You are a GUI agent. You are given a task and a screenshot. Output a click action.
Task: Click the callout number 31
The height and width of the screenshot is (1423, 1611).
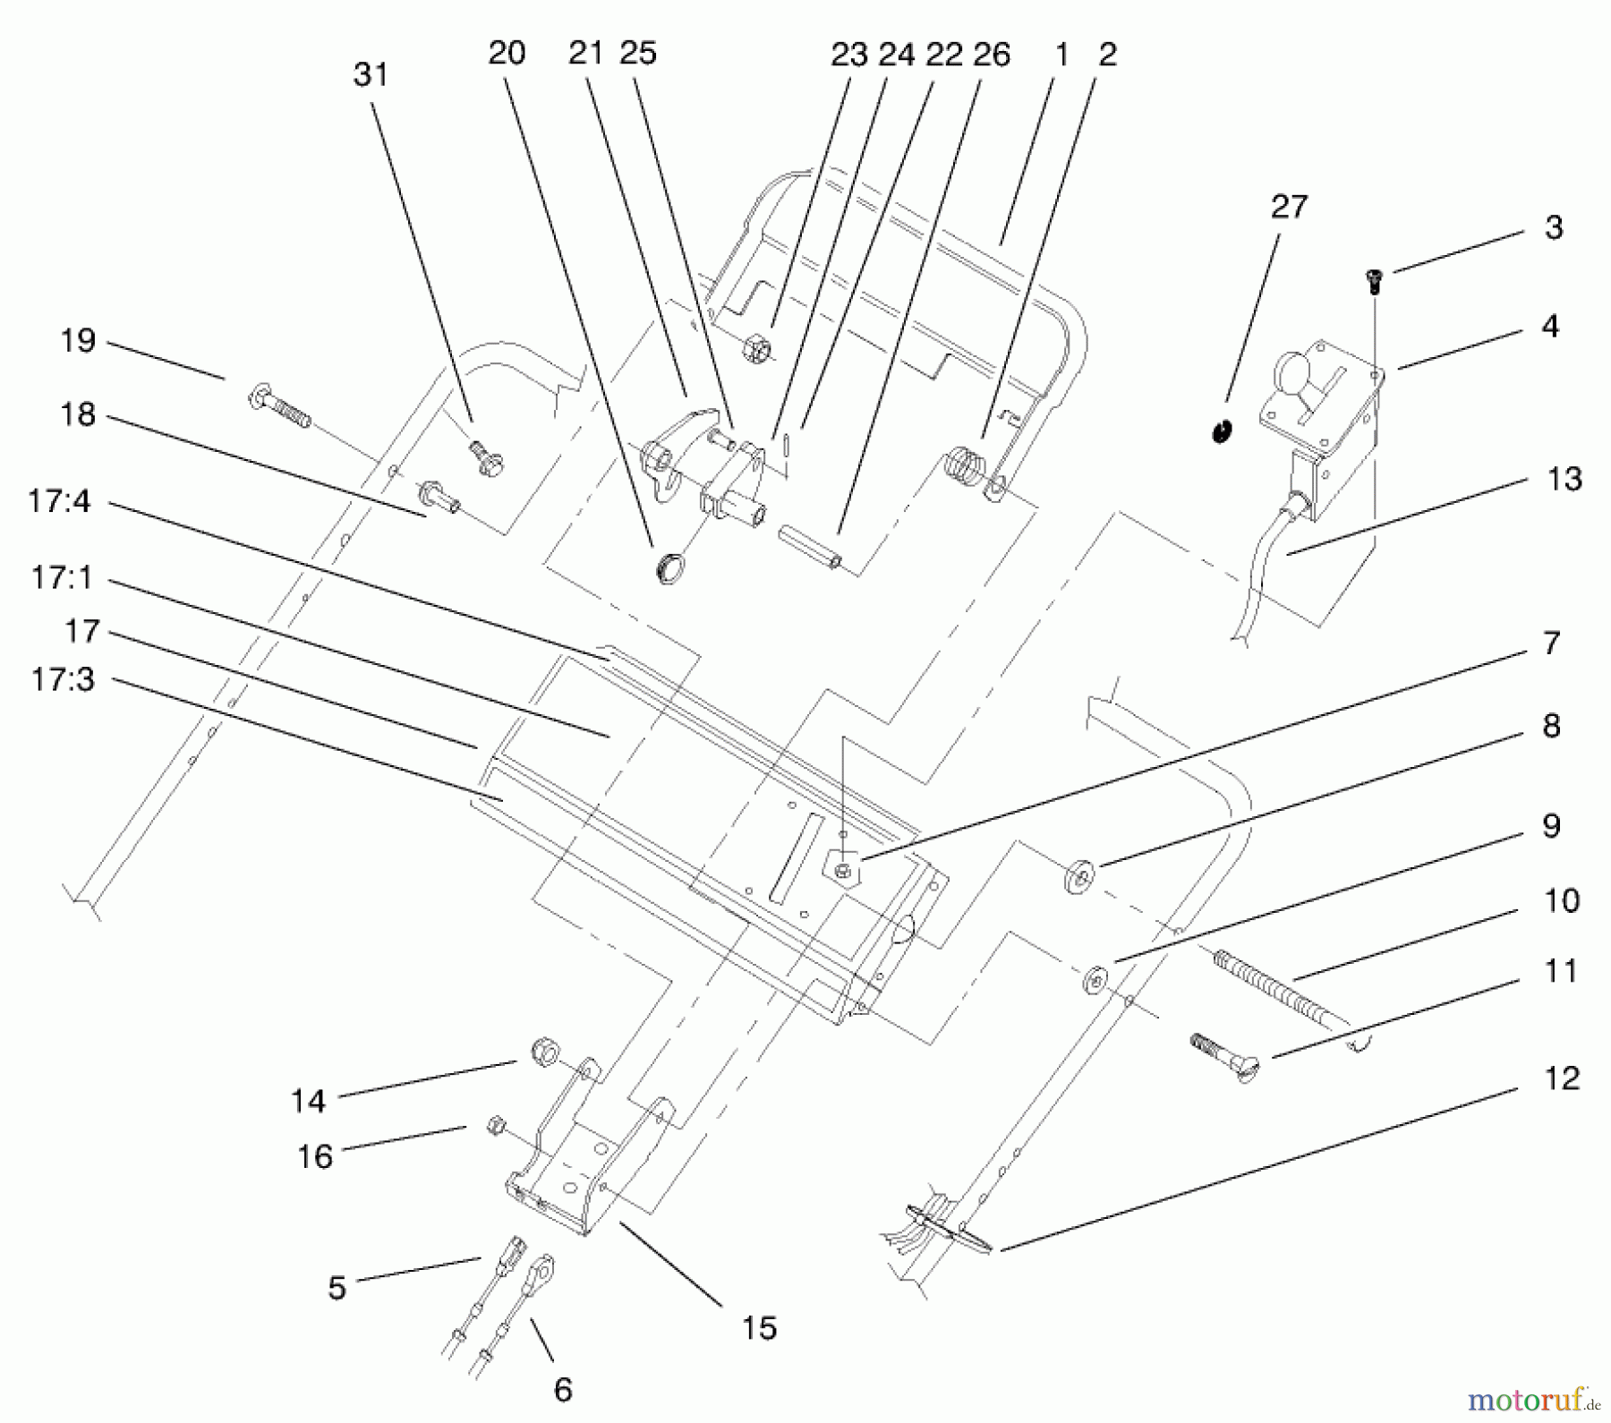371,75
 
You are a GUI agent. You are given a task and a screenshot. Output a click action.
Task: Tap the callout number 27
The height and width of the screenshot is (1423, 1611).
1289,208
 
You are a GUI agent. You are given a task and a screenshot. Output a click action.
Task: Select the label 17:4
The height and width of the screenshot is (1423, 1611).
58,501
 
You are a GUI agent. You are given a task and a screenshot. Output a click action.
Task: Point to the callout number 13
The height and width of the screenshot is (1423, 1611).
1564,480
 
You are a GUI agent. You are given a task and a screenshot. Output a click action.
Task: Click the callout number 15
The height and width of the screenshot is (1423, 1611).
759,1328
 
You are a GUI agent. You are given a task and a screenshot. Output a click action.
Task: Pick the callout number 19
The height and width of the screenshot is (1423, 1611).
78,341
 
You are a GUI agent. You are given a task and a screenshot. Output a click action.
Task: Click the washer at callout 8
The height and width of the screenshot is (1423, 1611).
1079,874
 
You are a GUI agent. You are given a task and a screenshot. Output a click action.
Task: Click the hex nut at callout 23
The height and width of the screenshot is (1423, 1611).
756,347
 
